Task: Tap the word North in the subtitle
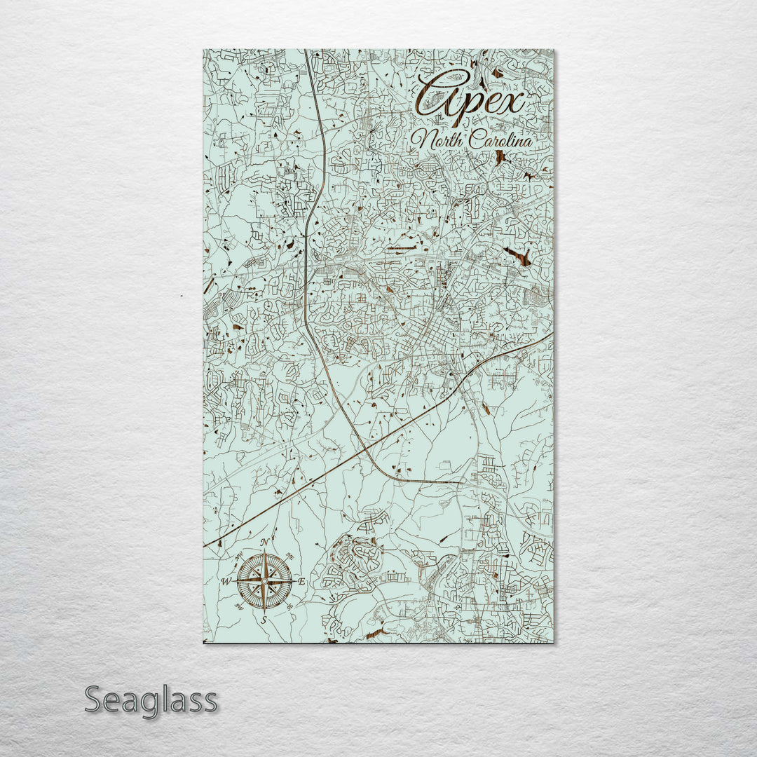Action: point(440,139)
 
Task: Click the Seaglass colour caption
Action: point(151,700)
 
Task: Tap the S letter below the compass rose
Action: point(264,620)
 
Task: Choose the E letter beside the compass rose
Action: point(302,582)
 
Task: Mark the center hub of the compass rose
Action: point(264,581)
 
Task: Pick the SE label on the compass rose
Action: point(288,605)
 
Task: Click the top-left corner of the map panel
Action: point(204,50)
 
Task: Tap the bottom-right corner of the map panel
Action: point(552,642)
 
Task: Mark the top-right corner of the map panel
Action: point(552,50)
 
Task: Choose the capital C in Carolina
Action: point(477,139)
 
